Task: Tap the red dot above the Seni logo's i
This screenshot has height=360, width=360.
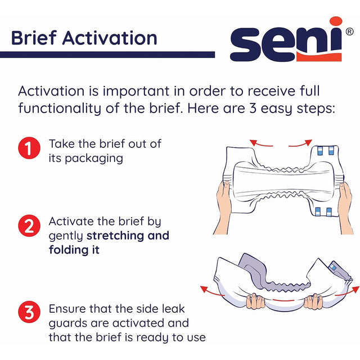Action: pyautogui.click(x=336, y=22)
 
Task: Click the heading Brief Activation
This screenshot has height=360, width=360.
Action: pyautogui.click(x=84, y=38)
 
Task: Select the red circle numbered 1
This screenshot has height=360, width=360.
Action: pyautogui.click(x=28, y=150)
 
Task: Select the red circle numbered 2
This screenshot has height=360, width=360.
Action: pyautogui.click(x=28, y=228)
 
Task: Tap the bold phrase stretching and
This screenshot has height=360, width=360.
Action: pyautogui.click(x=128, y=235)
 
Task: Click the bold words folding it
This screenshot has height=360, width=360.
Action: pyautogui.click(x=74, y=250)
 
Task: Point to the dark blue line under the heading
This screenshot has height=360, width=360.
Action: pyautogui.click(x=107, y=55)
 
